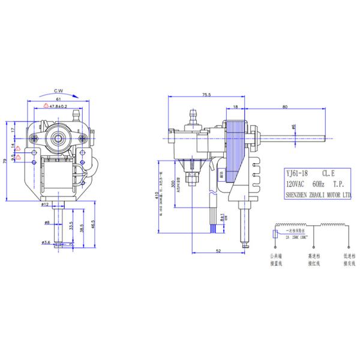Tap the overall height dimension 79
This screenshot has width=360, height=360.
pos(5,161)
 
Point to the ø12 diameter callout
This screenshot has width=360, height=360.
pos(45,205)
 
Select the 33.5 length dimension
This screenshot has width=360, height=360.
pos(71,228)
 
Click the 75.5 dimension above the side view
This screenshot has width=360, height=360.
pos(206,95)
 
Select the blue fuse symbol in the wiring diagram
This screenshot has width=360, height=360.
pos(275,232)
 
